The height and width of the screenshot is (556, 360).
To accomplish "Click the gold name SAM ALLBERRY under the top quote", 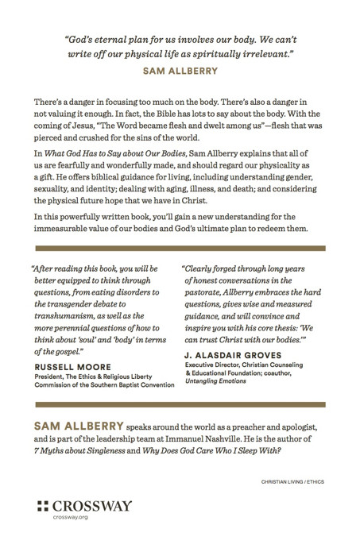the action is [180, 71].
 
